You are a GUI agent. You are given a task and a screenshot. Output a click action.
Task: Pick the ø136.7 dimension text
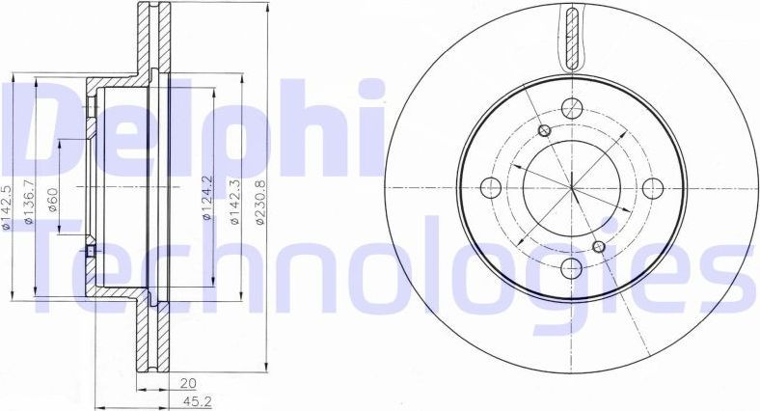pyautogui.click(x=30, y=203)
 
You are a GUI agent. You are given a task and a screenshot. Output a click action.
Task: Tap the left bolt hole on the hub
pyautogui.click(x=490, y=187)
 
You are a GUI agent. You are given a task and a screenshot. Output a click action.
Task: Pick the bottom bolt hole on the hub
pyautogui.click(x=571, y=267)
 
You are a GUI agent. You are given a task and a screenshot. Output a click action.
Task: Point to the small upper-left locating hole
pyautogui.click(x=543, y=131)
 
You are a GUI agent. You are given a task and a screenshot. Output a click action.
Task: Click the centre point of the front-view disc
pyautogui.click(x=571, y=187)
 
